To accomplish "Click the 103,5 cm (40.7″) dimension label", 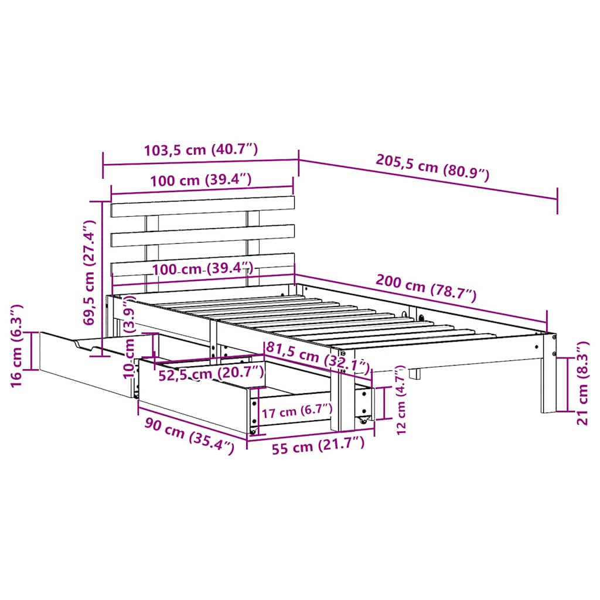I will [x=200, y=150].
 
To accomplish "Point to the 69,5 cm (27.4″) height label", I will [x=88, y=272].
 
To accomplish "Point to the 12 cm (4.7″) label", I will [x=401, y=400].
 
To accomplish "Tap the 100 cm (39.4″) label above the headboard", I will [x=200, y=180].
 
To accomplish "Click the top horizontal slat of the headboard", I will [x=202, y=206].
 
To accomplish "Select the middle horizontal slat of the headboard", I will [x=202, y=235].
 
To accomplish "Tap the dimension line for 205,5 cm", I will [x=428, y=180].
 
